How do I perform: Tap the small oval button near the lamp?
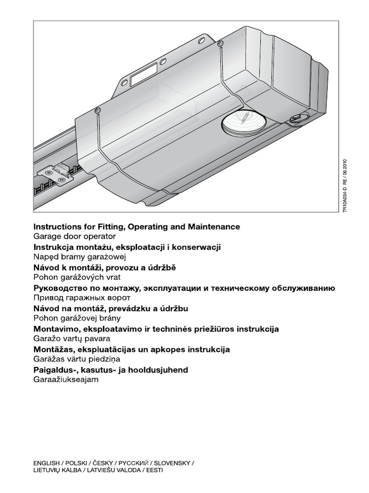click(x=294, y=117)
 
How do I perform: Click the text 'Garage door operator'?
click(x=74, y=236)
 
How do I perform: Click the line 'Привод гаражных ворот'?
click(x=81, y=298)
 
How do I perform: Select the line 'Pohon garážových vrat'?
click(x=77, y=277)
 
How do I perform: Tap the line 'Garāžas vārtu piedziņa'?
click(x=77, y=359)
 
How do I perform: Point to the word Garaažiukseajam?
click(x=65, y=380)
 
